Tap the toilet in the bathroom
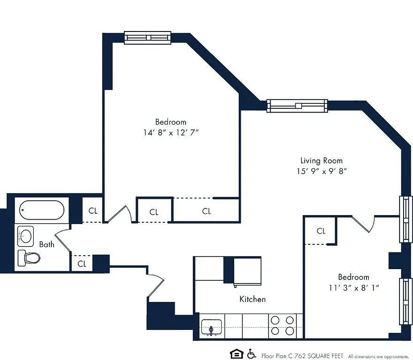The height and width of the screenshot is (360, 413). point(29,258)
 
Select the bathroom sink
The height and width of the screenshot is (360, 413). point(25,235)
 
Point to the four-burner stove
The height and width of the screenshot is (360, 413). point(282,326)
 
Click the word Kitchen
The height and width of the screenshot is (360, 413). point(252,299)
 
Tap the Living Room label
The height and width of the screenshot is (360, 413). point(321,160)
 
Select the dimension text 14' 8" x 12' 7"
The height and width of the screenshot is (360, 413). point(170,133)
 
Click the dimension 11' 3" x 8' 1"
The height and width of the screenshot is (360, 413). point(354,288)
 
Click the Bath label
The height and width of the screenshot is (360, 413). point(46,244)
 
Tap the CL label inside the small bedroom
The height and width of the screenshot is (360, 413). point(321,231)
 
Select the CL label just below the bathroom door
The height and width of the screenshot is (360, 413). point(82,264)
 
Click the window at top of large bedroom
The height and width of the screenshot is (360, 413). point(148,38)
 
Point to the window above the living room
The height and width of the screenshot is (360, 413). point(297,105)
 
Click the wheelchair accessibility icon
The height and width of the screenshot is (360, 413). point(251,354)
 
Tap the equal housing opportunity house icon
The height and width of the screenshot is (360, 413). point(236,354)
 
